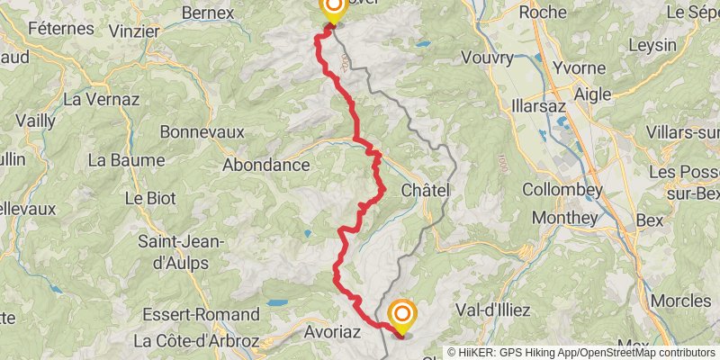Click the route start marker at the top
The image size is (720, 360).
point(333,9)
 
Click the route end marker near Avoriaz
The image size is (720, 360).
point(401,315)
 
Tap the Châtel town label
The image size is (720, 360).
point(425,191)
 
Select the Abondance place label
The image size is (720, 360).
point(265,165)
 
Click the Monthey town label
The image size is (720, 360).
point(564,218)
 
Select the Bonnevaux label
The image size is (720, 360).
point(202,131)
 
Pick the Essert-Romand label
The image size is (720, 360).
point(201,315)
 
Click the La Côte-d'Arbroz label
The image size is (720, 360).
point(197,341)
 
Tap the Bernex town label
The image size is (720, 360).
point(208,13)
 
